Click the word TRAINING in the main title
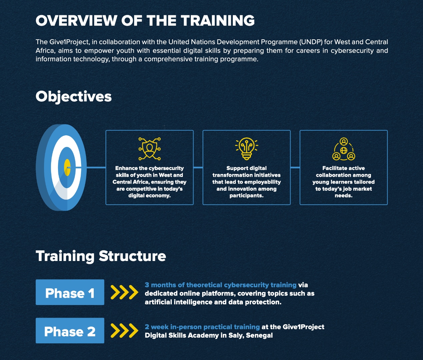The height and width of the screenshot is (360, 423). pyautogui.click(x=218, y=21)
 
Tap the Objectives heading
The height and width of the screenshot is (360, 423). pyautogui.click(x=73, y=97)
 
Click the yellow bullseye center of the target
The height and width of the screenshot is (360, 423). pyautogui.click(x=67, y=167)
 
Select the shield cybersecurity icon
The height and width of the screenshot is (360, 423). pyautogui.click(x=149, y=149)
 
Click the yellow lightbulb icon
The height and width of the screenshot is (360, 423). pyautogui.click(x=247, y=149)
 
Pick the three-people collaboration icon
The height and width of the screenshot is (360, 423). pyautogui.click(x=344, y=149)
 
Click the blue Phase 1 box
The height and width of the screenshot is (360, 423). pyautogui.click(x=70, y=292)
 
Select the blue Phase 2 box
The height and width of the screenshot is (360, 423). pyautogui.click(x=70, y=331)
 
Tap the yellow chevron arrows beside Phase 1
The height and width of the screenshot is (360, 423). pyautogui.click(x=124, y=292)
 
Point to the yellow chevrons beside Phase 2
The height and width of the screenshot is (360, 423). pyautogui.click(x=124, y=331)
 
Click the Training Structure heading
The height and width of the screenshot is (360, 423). pyautogui.click(x=101, y=256)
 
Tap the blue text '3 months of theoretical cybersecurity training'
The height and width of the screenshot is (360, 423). pyautogui.click(x=221, y=285)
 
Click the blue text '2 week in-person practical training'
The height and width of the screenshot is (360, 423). pyautogui.click(x=202, y=327)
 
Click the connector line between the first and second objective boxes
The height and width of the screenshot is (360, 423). pyautogui.click(x=198, y=167)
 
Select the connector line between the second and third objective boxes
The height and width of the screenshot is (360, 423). pyautogui.click(x=295, y=167)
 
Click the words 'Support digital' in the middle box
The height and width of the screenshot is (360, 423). pyautogui.click(x=247, y=168)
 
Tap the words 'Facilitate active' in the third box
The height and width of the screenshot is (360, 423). pyautogui.click(x=344, y=168)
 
